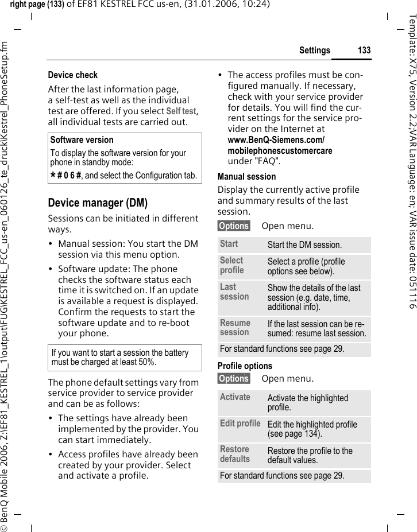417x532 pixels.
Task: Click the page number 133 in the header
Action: pos(364,51)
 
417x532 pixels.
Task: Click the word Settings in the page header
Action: pos(314,51)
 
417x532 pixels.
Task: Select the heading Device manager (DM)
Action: pos(98,203)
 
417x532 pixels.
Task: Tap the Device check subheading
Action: pos(72,75)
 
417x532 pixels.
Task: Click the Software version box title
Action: pos(82,140)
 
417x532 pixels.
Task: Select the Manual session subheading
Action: pos(246,177)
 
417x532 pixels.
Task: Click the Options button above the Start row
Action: pos(234,226)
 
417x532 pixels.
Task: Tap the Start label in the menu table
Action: pos(229,244)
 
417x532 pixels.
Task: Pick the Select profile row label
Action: pos(232,265)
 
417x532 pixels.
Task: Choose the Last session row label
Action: pos(234,292)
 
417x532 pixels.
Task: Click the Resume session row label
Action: pos(235,328)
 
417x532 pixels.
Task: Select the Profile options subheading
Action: pos(245,366)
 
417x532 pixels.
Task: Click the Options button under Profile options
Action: pos(234,379)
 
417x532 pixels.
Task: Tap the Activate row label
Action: pos(235,397)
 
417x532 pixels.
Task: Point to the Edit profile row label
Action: pos(240,424)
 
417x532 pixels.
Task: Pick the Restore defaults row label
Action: pos(235,454)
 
